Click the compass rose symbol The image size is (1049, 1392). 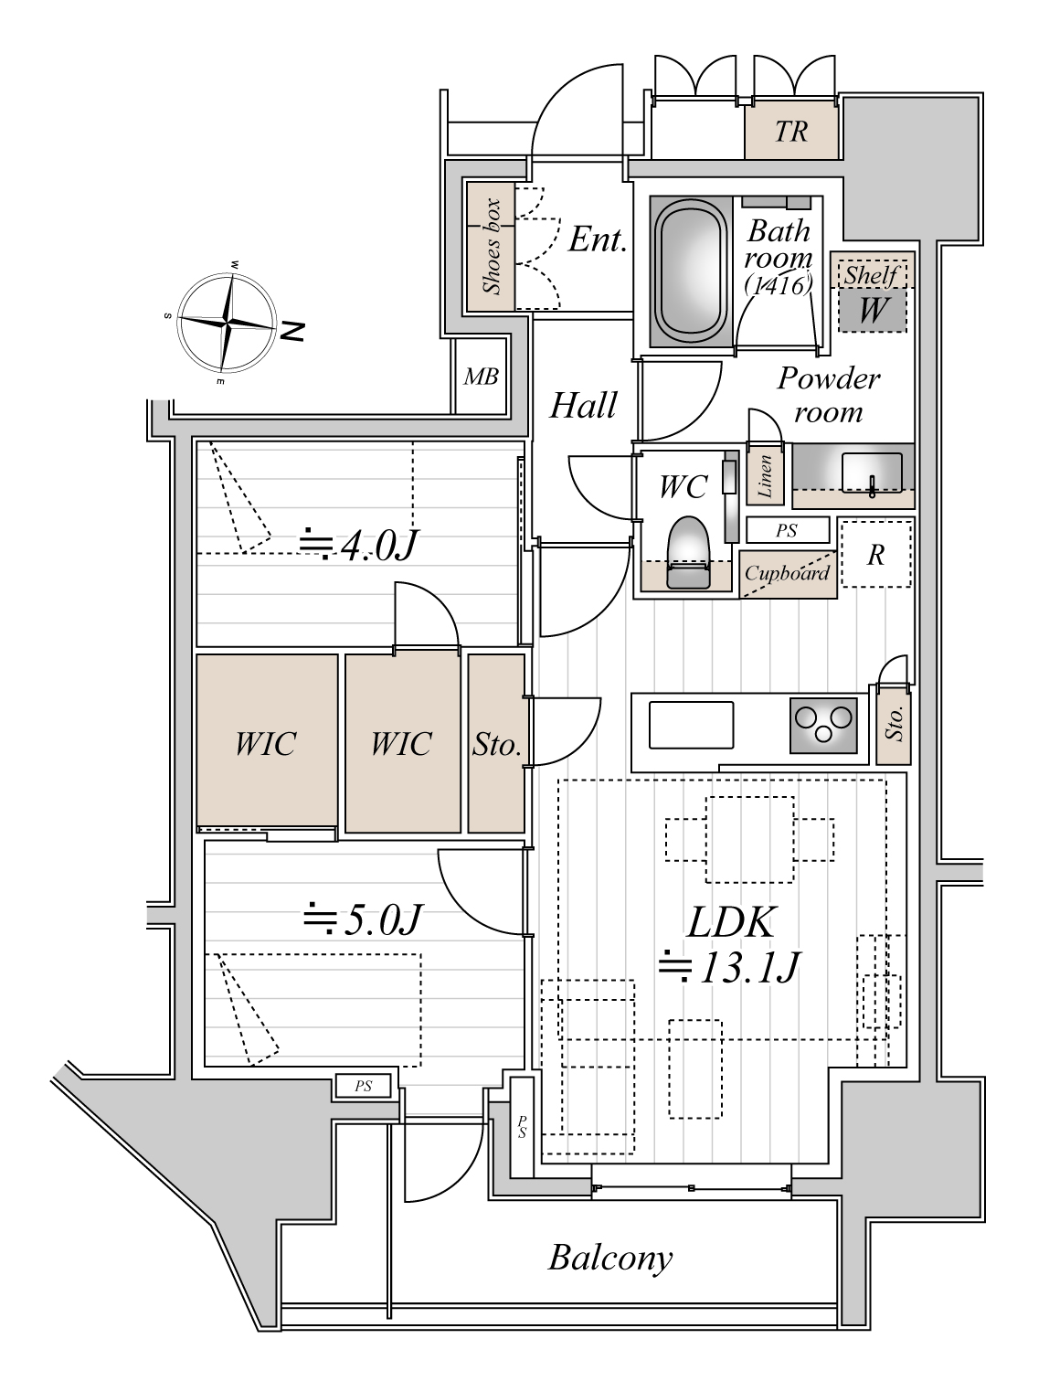(x=227, y=323)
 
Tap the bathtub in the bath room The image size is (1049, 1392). (x=691, y=271)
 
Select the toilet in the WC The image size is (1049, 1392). (x=687, y=552)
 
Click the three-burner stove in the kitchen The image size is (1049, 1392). (x=823, y=725)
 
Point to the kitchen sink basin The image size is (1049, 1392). (x=691, y=724)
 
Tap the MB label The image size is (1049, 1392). (x=481, y=377)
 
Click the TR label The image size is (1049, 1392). (x=791, y=132)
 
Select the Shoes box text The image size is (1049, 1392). (x=493, y=247)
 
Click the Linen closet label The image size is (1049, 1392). (x=765, y=476)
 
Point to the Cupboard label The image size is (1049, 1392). (x=787, y=574)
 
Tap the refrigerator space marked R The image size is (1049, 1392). (x=875, y=554)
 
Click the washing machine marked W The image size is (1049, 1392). (x=872, y=310)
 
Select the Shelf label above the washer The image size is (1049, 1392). (x=872, y=275)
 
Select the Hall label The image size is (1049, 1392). (x=582, y=405)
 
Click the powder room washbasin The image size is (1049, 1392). (x=872, y=473)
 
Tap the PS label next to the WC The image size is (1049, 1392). (x=787, y=530)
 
